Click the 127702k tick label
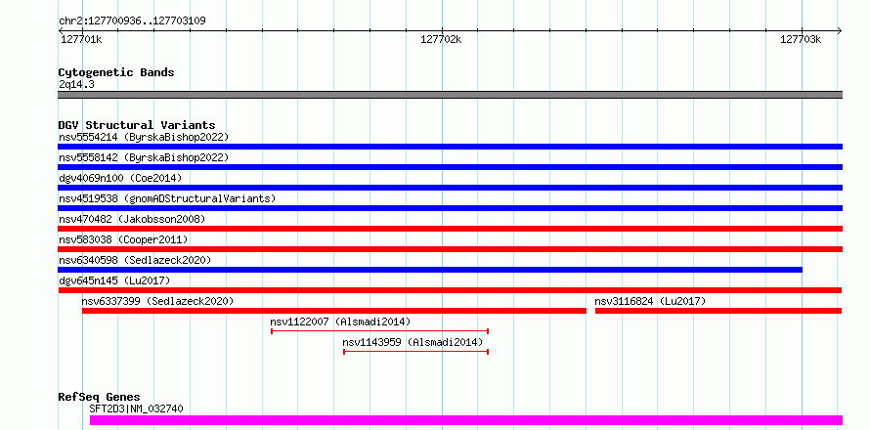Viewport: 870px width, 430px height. (441, 39)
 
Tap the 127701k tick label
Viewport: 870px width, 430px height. (80, 39)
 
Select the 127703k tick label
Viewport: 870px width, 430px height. (801, 39)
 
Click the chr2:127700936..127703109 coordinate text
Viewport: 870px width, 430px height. (132, 21)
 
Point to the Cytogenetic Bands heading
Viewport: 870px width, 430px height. (116, 72)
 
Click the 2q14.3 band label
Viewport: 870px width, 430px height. (76, 84)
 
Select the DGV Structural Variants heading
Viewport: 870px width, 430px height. (137, 125)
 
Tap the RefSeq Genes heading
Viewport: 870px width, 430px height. (99, 397)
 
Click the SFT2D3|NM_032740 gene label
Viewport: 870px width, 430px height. (136, 408)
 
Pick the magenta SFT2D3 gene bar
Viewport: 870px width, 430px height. (466, 420)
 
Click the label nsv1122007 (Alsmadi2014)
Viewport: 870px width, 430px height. (340, 322)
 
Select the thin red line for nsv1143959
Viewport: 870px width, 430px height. (415, 352)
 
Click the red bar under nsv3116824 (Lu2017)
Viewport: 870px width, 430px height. (718, 311)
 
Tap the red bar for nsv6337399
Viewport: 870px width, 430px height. (334, 311)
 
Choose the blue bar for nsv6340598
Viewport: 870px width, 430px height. (430, 270)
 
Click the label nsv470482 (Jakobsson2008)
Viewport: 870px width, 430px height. (132, 219)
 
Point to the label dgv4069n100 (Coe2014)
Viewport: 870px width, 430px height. (120, 178)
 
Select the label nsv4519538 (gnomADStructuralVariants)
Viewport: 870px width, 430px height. (167, 198)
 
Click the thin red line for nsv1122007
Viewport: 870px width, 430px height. (379, 331)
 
